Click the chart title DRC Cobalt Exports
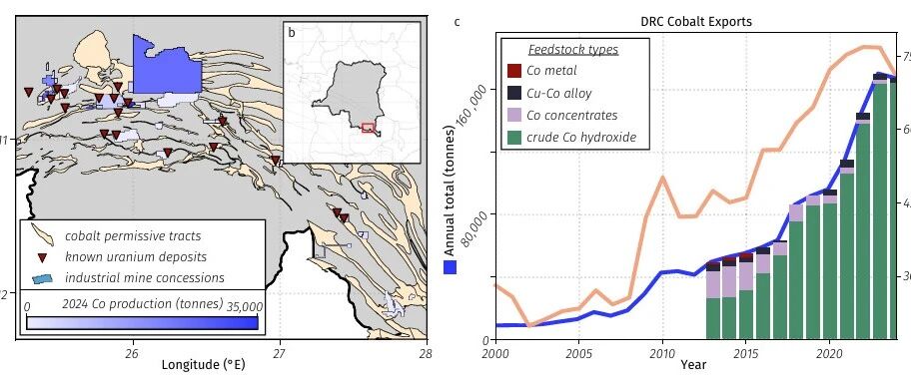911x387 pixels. pyautogui.click(x=695, y=22)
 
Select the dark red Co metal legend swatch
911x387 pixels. pyautogui.click(x=514, y=71)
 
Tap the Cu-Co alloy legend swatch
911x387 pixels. pyautogui.click(x=514, y=93)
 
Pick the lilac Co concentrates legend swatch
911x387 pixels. pyautogui.click(x=514, y=115)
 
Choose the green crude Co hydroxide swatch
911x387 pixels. pyautogui.click(x=514, y=138)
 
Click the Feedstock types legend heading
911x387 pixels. pyautogui.click(x=572, y=49)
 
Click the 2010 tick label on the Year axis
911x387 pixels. pyautogui.click(x=661, y=353)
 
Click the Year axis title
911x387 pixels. pyautogui.click(x=693, y=364)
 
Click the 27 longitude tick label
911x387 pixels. pyautogui.click(x=280, y=353)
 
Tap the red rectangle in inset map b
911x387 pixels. pyautogui.click(x=368, y=128)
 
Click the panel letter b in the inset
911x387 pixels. pyautogui.click(x=292, y=33)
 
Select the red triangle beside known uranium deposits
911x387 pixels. pyautogui.click(x=42, y=257)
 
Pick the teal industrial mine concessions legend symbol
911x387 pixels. pyautogui.click(x=42, y=278)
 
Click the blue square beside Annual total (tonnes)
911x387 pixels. pyautogui.click(x=450, y=267)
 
